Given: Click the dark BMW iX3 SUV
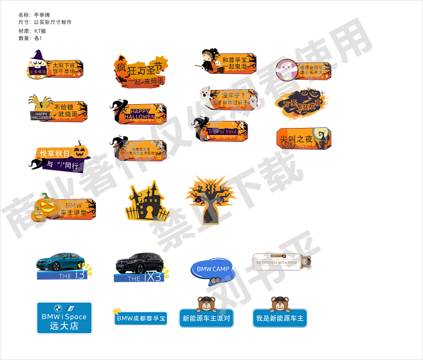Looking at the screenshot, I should tap(137, 262).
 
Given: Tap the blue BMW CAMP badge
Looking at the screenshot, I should tap(212, 269).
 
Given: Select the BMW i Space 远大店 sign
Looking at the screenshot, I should tap(64, 318).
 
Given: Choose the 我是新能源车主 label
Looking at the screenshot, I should tap(280, 318).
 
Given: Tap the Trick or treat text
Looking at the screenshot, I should tap(222, 132).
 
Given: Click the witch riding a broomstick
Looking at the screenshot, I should tap(207, 63).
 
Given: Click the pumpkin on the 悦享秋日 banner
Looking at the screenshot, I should tap(80, 151).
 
